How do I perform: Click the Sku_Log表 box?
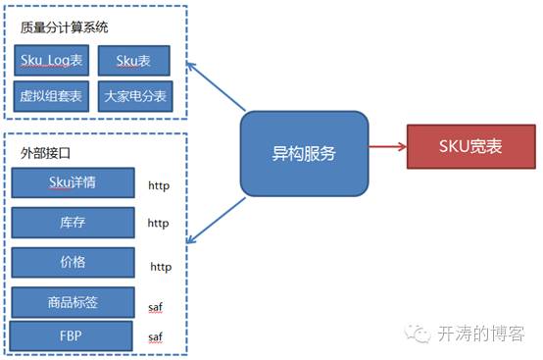pos(53,61)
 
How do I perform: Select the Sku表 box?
pos(134,61)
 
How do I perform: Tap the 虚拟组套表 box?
pos(53,95)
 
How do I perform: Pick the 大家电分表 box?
pos(134,95)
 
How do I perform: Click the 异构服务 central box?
pos(304,153)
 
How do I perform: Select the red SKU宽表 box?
pos(470,148)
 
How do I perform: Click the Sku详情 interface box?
pos(74,182)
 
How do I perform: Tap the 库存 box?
pos(74,223)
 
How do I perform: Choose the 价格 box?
pos(74,263)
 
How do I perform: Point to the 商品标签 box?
pos(74,302)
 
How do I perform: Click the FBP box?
pos(72,334)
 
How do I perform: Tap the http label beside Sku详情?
pos(159,184)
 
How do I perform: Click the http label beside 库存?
pos(158,224)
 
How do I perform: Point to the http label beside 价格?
pos(161,266)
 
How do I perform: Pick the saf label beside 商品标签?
pos(155,307)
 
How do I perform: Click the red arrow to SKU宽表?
pos(387,148)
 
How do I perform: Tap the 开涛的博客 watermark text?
pos(484,334)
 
